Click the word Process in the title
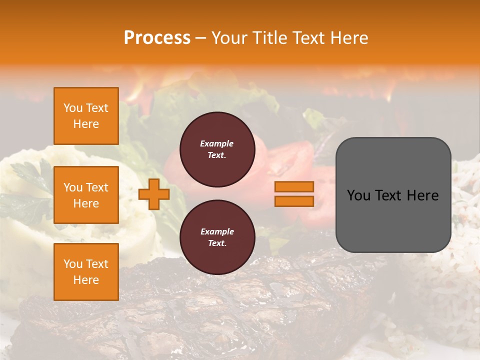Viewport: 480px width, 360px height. click(x=157, y=38)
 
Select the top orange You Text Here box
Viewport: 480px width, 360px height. click(x=86, y=116)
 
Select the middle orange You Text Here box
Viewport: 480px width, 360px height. click(x=86, y=195)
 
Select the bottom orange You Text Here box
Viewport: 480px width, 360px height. click(x=86, y=272)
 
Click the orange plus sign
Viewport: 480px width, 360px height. click(x=154, y=194)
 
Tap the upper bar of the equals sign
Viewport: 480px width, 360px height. click(x=294, y=186)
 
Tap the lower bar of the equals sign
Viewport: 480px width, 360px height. click(x=294, y=201)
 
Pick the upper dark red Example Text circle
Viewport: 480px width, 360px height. click(x=217, y=149)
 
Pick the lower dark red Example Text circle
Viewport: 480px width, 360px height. click(x=217, y=237)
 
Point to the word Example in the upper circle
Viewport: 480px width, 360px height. click(x=217, y=143)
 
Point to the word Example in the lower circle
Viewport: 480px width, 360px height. click(x=217, y=231)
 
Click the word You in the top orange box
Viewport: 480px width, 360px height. click(x=73, y=108)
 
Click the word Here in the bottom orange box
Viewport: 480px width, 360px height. click(x=86, y=280)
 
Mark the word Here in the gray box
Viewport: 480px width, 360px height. click(x=422, y=195)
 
